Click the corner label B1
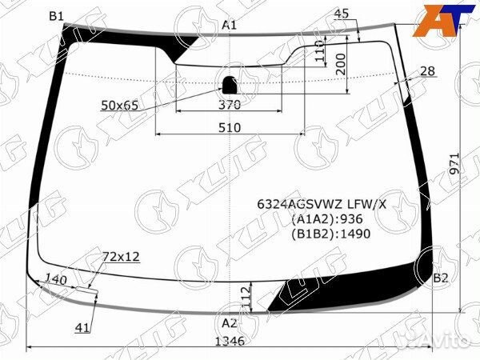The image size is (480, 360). pyautogui.click(x=56, y=16)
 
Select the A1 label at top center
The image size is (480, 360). pyautogui.click(x=230, y=25)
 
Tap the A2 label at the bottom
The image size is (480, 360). pyautogui.click(x=230, y=323)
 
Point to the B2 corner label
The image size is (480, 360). pyautogui.click(x=441, y=278)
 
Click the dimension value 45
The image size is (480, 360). pyautogui.click(x=342, y=14)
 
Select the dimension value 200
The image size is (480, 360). pyautogui.click(x=341, y=64)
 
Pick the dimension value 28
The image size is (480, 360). pyautogui.click(x=427, y=71)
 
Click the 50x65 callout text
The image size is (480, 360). pyautogui.click(x=120, y=106)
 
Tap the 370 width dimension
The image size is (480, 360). pyautogui.click(x=230, y=105)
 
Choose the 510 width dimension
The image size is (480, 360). pyautogui.click(x=230, y=127)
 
